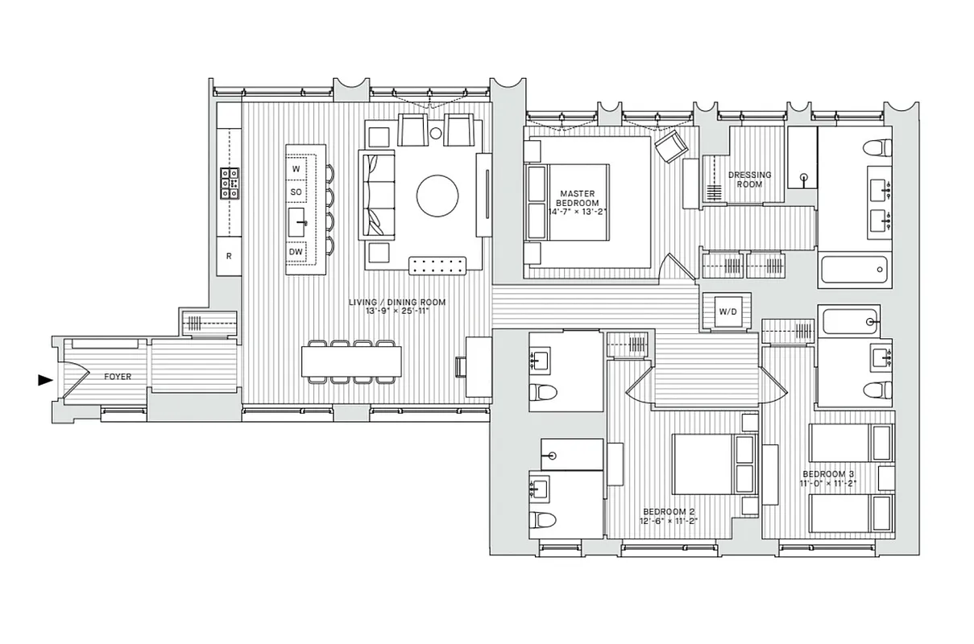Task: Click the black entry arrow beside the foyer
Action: pyautogui.click(x=45, y=381)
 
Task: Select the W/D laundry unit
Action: pyautogui.click(x=726, y=311)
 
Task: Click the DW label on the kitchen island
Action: pyautogui.click(x=296, y=253)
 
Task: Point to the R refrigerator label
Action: pyautogui.click(x=229, y=257)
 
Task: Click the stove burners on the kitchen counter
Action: pyautogui.click(x=229, y=183)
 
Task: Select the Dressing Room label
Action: pyautogui.click(x=750, y=179)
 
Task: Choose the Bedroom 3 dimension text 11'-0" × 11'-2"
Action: pyautogui.click(x=829, y=484)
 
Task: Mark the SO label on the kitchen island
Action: pyautogui.click(x=296, y=193)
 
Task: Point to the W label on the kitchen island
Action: pyautogui.click(x=296, y=169)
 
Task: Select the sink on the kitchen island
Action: pyautogui.click(x=298, y=219)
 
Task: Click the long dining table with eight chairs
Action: pyautogui.click(x=352, y=361)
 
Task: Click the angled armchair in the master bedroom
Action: pyautogui.click(x=670, y=146)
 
